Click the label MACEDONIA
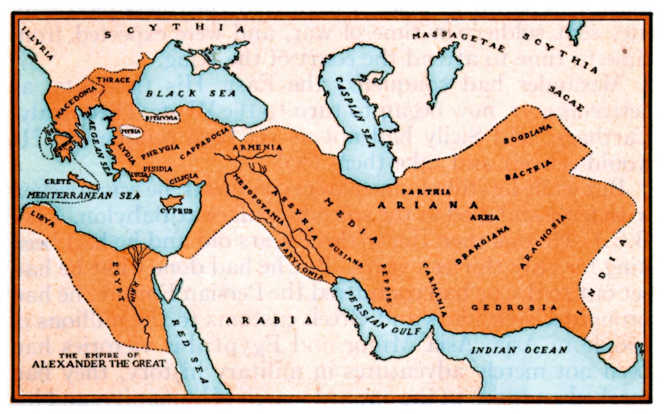[74, 102]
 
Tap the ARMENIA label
[258, 147]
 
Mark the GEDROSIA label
[514, 307]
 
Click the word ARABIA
[269, 320]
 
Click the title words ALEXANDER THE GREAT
[99, 364]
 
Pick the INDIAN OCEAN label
[519, 350]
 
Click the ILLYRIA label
[37, 44]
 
